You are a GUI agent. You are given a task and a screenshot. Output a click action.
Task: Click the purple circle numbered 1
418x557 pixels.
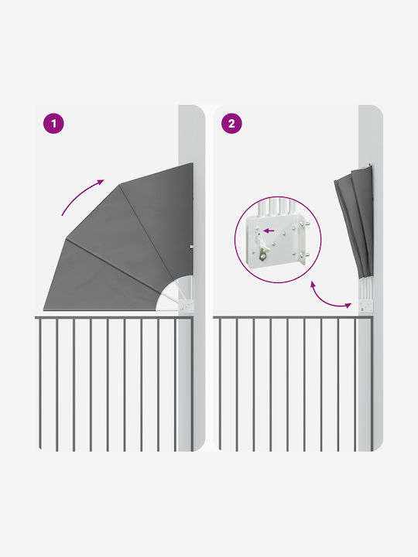pyautogui.click(x=53, y=124)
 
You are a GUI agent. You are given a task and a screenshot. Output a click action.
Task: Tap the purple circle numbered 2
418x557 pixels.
pyautogui.click(x=231, y=124)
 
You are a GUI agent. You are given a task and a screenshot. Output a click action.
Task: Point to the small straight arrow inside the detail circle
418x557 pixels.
pyautogui.click(x=269, y=231)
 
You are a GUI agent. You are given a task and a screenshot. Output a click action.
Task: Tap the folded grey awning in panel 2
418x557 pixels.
pyautogui.click(x=354, y=222)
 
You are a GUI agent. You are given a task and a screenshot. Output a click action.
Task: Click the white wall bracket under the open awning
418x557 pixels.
pyautogui.click(x=187, y=305)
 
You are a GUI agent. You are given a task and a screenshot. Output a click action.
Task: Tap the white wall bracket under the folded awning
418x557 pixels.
pyautogui.click(x=365, y=306)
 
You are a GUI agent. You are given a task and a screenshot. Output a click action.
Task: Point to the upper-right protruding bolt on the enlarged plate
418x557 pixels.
pyautogui.click(x=304, y=224)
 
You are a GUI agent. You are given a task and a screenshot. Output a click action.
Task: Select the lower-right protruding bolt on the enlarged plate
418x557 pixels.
pyautogui.click(x=304, y=255)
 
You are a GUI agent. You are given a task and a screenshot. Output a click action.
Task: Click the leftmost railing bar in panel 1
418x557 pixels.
pyautogui.click(x=39, y=384)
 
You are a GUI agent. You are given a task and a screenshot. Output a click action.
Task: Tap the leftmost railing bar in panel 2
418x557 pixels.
pyautogui.click(x=220, y=384)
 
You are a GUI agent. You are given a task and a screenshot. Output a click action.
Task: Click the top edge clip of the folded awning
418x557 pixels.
pyautogui.click(x=366, y=166)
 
